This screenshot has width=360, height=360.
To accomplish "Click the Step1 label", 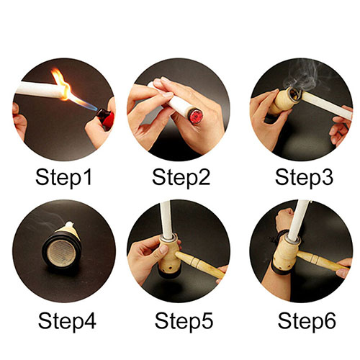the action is (63, 178).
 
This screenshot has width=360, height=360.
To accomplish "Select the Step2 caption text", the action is (181, 178).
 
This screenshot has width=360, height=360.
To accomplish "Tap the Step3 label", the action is (304, 178).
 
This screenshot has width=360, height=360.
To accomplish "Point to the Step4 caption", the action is (67, 321).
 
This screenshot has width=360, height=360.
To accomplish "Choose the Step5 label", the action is (184, 321).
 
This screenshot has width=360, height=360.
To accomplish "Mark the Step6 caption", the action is (307, 321).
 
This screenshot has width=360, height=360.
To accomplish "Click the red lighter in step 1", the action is (106, 118).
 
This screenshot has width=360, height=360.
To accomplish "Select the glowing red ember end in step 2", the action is (195, 116).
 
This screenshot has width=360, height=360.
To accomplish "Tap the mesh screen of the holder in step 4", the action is (61, 251).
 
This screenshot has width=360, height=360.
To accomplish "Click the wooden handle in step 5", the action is (199, 264).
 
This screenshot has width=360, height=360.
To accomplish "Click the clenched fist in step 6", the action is (284, 218).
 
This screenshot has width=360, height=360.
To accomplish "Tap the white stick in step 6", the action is (297, 220).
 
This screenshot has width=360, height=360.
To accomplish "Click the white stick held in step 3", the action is (326, 106).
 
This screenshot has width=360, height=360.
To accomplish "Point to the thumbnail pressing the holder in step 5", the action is (163, 249).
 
